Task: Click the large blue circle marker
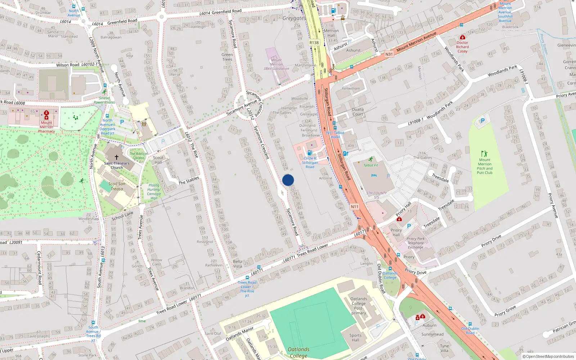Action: [288, 180]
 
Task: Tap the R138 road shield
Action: [314, 42]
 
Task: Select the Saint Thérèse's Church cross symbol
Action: [117, 157]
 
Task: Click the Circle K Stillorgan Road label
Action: [310, 163]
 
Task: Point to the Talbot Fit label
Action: [371, 165]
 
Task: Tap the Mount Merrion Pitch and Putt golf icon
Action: [484, 154]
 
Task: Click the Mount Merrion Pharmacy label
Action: [46, 127]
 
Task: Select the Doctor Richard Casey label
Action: [463, 47]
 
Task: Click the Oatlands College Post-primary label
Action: [359, 306]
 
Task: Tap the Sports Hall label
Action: [355, 338]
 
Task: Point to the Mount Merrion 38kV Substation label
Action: [276, 64]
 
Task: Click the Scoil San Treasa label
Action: [117, 186]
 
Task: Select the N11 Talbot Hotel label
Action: [335, 135]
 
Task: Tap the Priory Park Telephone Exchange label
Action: [416, 243]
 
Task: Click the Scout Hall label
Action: [158, 160]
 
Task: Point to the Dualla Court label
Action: [358, 112]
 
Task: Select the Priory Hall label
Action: [396, 233]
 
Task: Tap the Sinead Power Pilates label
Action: [104, 100]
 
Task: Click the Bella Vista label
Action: [238, 264]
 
